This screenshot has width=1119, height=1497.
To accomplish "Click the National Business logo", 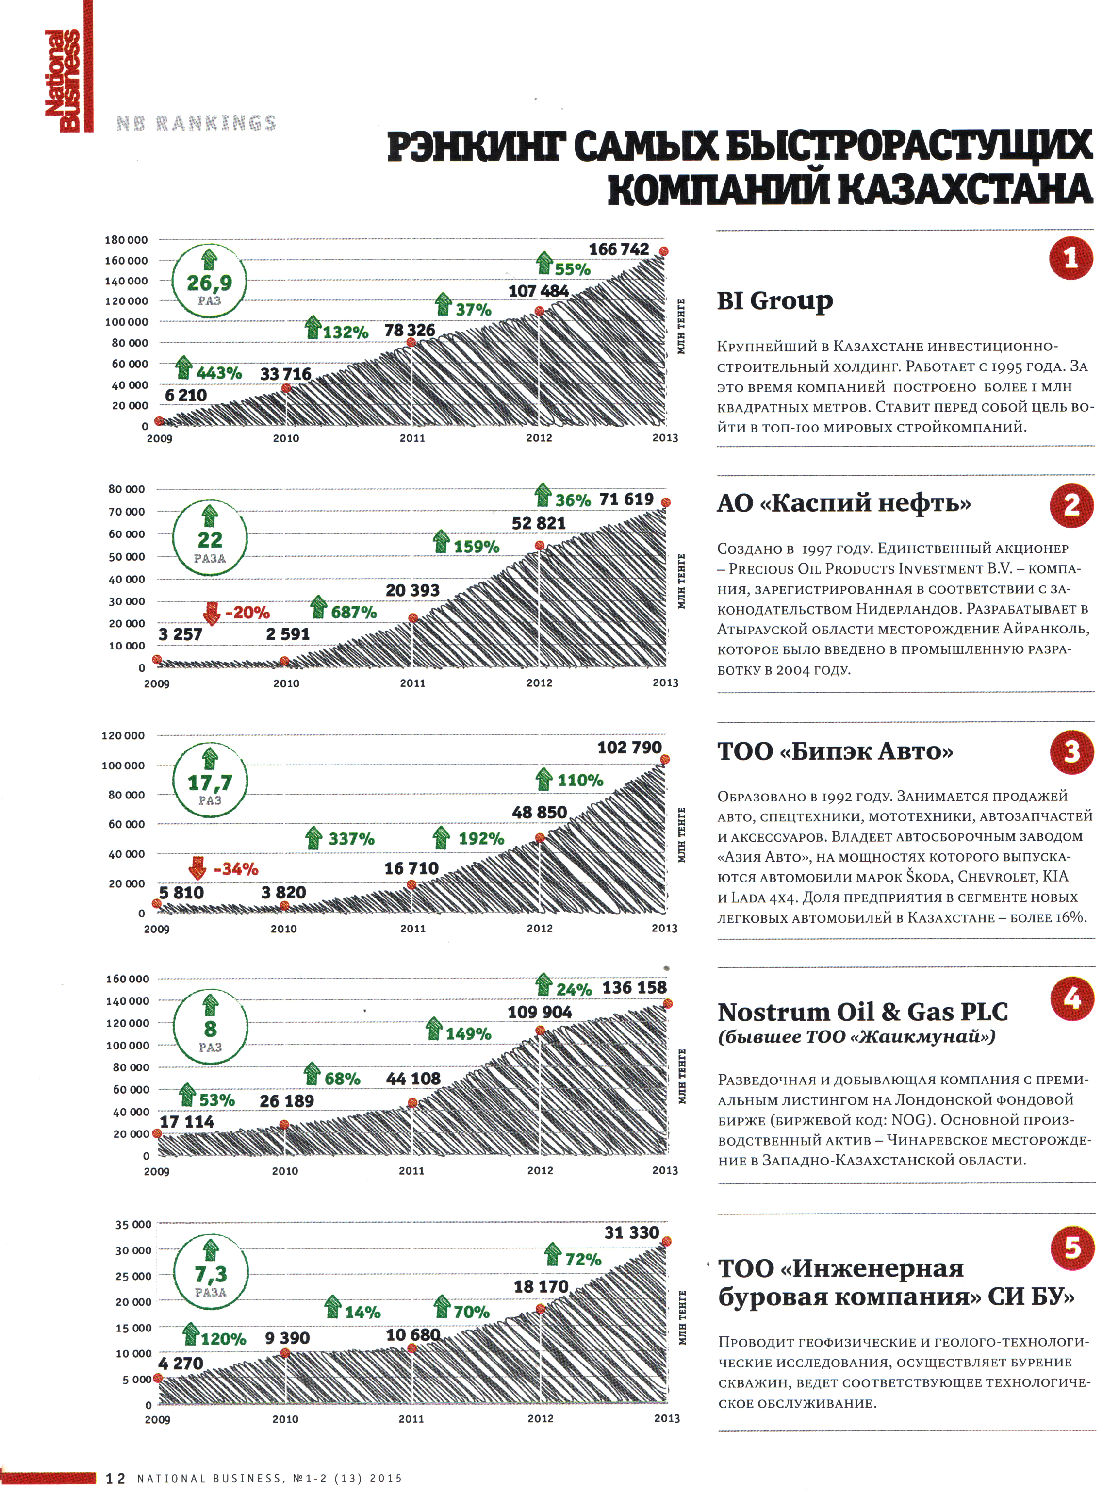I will [x=62, y=80].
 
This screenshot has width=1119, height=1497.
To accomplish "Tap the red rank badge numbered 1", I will [x=1070, y=258].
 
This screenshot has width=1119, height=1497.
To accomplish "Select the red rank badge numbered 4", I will [x=1071, y=998].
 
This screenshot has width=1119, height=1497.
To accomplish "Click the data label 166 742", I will [x=618, y=249].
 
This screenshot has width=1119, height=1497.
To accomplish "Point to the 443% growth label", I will [x=218, y=373].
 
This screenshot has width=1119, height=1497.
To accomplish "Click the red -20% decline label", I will [x=246, y=613].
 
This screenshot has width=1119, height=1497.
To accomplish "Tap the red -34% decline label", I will [x=235, y=869].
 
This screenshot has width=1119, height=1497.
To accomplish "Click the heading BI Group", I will [x=774, y=300].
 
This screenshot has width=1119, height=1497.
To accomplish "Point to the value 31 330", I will [x=631, y=1232].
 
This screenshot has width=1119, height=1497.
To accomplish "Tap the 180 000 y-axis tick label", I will [x=126, y=240].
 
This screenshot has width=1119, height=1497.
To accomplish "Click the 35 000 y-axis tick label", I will [x=132, y=1224].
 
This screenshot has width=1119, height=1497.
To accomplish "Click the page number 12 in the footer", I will [x=115, y=1479].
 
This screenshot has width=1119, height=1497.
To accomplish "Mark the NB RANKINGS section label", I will [x=196, y=122].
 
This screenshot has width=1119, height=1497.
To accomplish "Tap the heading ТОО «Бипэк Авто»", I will [x=835, y=751].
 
